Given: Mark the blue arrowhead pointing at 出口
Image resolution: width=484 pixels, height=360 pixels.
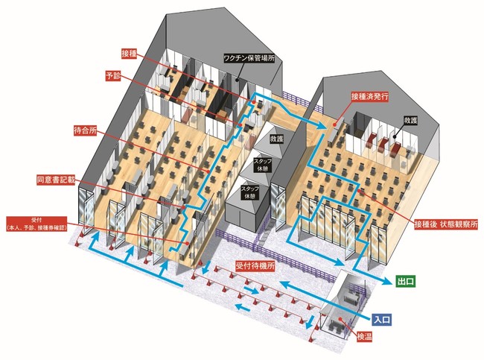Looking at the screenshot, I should (x=387, y=281).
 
